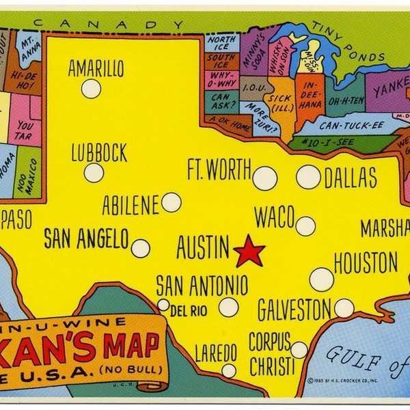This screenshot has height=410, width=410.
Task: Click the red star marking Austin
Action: [249, 252]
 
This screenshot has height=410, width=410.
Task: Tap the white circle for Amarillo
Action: [91, 89]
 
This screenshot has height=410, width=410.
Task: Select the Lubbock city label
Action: [99, 152]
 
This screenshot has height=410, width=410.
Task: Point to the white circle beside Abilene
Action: [171, 202]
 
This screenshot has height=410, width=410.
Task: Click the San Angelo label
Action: [86, 238]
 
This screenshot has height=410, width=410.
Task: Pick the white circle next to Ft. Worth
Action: [264, 178]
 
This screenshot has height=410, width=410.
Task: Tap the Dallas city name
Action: [350, 178]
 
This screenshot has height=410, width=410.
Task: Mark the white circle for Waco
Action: [305, 226]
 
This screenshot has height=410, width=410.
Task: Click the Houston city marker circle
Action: [321, 279]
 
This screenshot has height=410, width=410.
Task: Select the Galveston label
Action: [295, 310]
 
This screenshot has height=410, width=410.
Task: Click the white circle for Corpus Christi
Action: [299, 350]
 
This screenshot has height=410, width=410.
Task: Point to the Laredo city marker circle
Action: [229, 370]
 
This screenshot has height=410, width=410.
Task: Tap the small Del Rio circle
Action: [163, 305]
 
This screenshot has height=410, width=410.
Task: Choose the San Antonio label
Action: [202, 284]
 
